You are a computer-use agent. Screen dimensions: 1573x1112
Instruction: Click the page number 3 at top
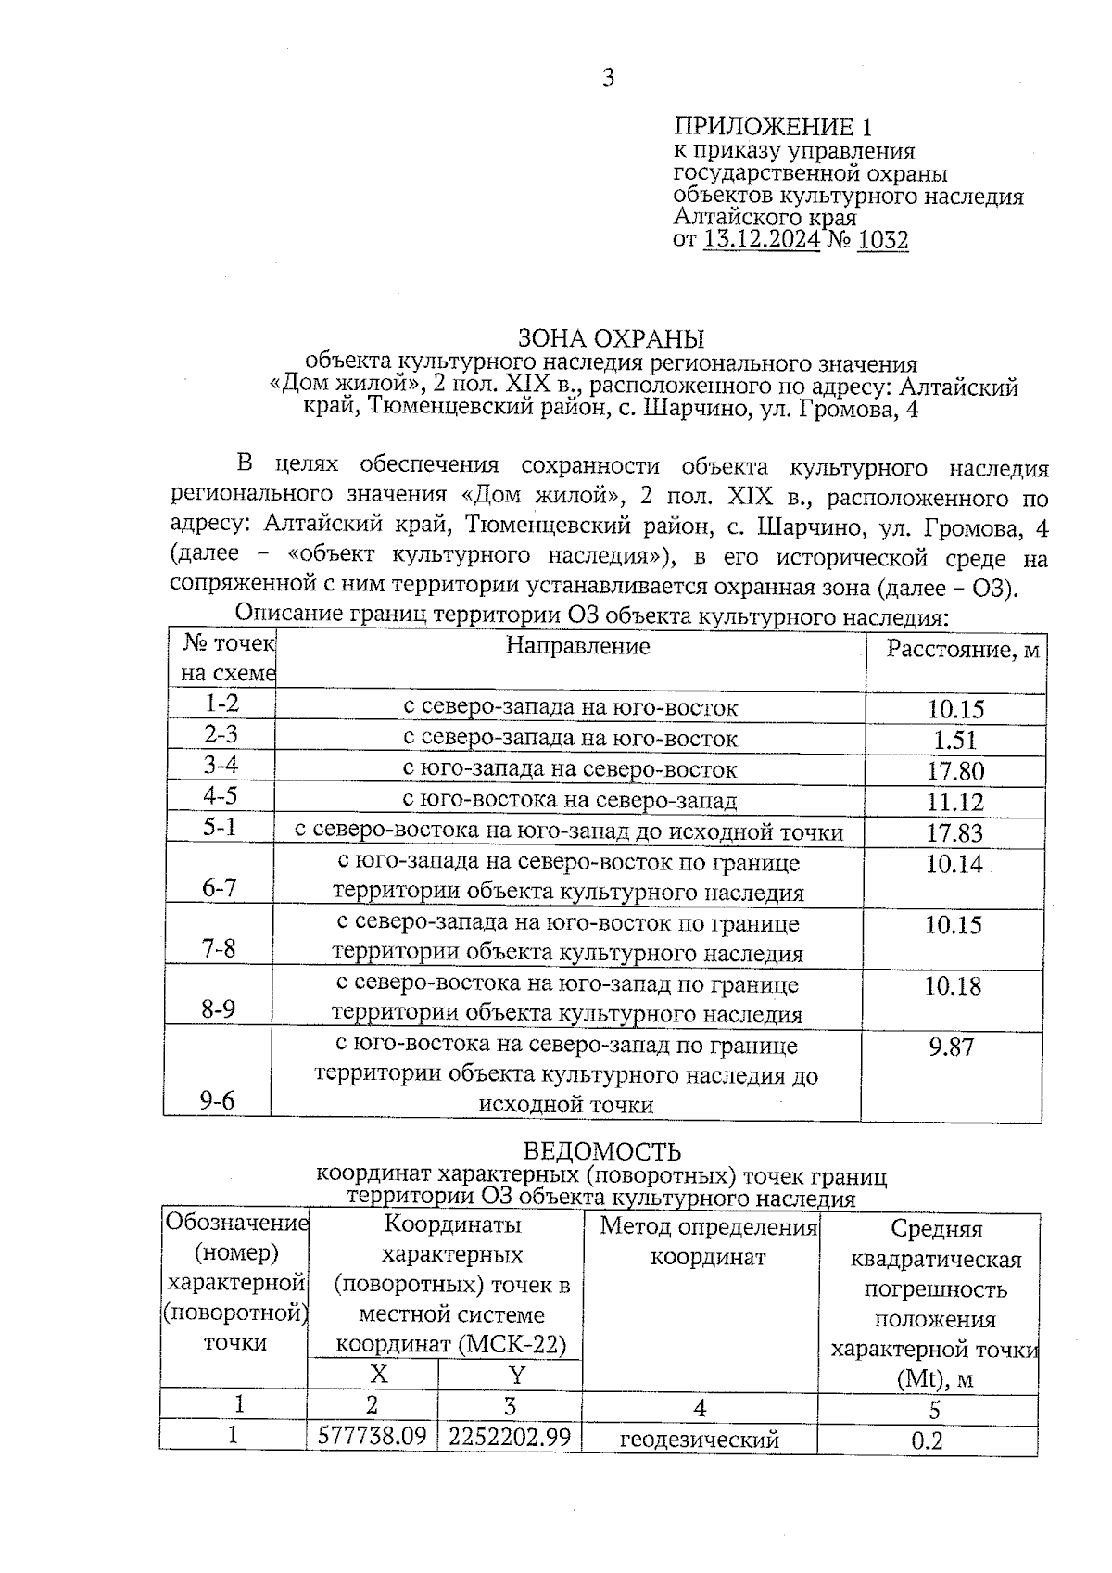(x=608, y=78)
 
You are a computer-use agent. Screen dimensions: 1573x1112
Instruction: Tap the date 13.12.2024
(x=762, y=241)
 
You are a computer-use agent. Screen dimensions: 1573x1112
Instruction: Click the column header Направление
(x=577, y=646)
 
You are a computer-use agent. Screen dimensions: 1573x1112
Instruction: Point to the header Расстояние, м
(x=963, y=650)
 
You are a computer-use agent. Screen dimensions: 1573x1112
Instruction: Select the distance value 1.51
(x=954, y=740)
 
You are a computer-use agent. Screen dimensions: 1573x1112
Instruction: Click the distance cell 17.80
(x=954, y=770)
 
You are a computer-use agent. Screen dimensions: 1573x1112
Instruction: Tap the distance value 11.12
(x=954, y=801)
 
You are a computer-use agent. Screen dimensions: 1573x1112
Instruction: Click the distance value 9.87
(x=951, y=1047)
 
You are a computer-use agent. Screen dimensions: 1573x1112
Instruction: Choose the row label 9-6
(x=218, y=1100)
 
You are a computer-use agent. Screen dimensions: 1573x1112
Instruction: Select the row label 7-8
(x=219, y=947)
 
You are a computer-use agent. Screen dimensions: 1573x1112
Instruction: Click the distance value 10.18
(x=953, y=985)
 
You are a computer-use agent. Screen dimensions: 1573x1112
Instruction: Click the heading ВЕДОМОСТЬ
(x=602, y=1151)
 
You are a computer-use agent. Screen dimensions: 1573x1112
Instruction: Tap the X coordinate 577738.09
(x=372, y=1437)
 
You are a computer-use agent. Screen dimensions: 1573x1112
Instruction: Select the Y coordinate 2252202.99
(x=510, y=1437)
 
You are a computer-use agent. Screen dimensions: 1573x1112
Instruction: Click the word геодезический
(x=699, y=1440)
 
